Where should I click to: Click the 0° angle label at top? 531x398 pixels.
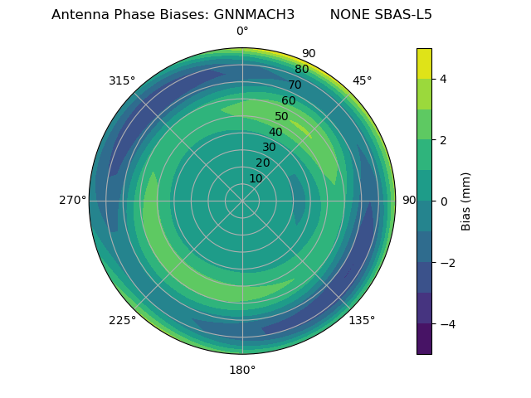[x=242, y=32]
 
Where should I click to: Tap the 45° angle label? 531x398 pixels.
[x=362, y=80]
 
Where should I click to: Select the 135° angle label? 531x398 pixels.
[x=362, y=320]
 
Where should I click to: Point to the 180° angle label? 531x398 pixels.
[x=242, y=370]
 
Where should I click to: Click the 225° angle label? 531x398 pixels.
[x=122, y=320]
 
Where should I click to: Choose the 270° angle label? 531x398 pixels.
[x=72, y=200]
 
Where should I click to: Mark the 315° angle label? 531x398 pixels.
[x=122, y=80]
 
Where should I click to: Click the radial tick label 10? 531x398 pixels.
[x=256, y=178]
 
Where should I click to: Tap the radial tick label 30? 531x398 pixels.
[x=269, y=148]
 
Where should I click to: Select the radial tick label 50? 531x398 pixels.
[x=281, y=117]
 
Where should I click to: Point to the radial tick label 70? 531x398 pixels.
[x=295, y=85]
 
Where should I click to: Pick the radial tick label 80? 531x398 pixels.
[x=301, y=70]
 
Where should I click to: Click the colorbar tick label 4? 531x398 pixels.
[x=443, y=79]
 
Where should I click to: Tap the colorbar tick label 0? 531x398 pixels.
[x=443, y=201]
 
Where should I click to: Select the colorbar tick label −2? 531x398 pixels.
[x=446, y=263]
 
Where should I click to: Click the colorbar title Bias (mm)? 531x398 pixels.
[x=466, y=201]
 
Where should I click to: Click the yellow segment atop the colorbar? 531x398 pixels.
[x=424, y=64]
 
